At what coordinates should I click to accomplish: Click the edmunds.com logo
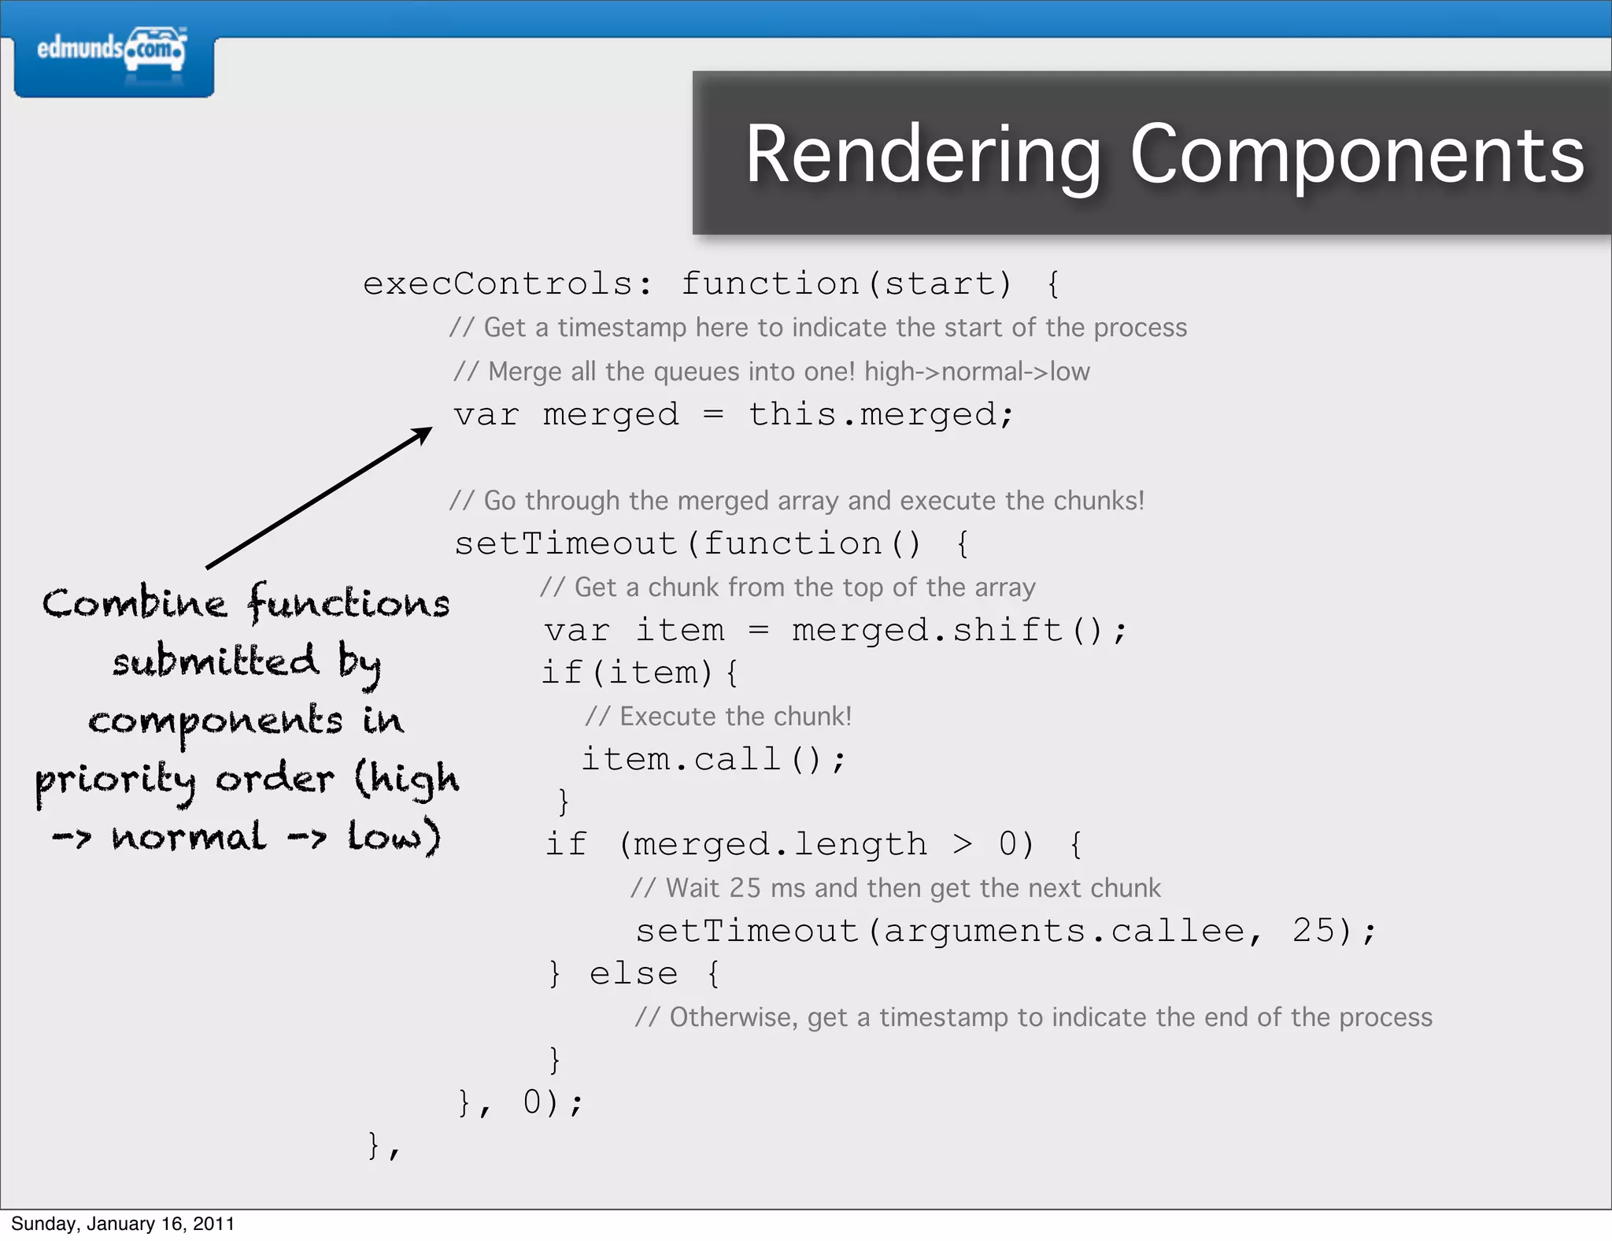point(113,50)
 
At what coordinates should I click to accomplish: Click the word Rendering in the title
point(922,155)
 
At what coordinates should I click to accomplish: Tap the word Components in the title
point(1357,155)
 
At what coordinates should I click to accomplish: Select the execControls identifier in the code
point(498,283)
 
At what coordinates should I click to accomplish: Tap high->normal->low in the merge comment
point(976,372)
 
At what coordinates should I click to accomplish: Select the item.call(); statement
point(713,759)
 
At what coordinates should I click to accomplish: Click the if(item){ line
point(639,673)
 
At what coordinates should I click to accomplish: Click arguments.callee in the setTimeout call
point(1063,931)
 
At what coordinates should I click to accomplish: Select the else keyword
point(634,974)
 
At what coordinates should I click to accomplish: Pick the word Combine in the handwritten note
point(135,604)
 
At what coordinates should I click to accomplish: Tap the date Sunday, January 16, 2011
point(123,1224)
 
